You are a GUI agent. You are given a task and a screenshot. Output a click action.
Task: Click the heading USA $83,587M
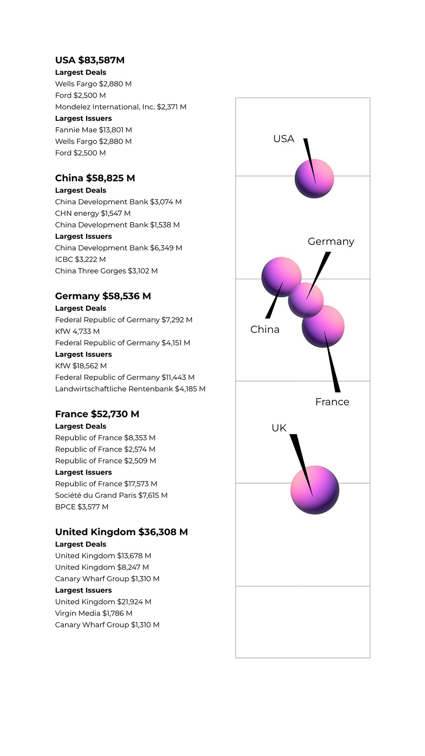[90, 60]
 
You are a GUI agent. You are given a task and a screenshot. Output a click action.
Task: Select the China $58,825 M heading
[95, 178]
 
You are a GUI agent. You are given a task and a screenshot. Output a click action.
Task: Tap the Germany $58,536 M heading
[103, 296]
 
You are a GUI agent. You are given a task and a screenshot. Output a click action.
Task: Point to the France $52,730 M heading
[97, 414]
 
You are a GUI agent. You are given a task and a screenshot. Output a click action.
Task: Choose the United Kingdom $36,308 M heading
[121, 532]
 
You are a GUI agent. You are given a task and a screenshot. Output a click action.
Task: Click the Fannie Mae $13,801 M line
[93, 130]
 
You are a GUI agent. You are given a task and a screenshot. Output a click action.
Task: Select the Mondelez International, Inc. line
[120, 107]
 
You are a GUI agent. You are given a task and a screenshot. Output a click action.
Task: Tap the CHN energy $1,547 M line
[92, 213]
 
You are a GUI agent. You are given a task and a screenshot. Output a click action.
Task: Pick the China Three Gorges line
[106, 271]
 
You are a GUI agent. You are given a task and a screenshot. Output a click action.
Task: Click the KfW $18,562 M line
[81, 366]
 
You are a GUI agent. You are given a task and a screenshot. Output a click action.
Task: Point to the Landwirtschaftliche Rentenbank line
[130, 389]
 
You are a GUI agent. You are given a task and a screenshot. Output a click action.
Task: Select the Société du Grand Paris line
[111, 495]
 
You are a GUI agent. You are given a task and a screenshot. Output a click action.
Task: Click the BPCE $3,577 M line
[81, 507]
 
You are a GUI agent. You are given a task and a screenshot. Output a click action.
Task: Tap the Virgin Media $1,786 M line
[94, 613]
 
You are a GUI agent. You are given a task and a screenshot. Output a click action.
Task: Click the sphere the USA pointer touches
[314, 179]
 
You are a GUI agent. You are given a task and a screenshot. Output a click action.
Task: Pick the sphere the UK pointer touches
[314, 490]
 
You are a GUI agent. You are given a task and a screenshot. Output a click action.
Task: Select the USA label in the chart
[283, 139]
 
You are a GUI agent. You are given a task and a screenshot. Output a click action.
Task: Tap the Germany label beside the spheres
[331, 241]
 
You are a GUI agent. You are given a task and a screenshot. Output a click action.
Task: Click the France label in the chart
[332, 402]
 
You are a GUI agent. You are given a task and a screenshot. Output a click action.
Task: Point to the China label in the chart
[264, 330]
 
